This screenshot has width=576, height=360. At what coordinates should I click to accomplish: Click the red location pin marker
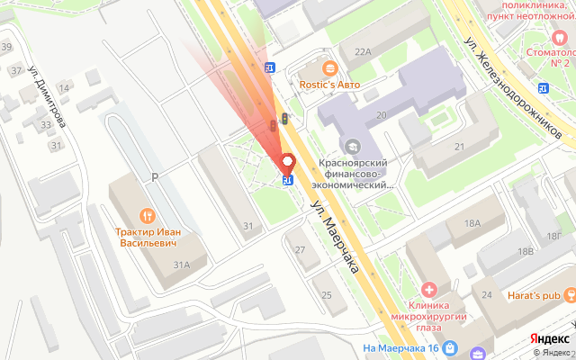point(288,164)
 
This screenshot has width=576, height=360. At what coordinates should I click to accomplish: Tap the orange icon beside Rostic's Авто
point(329,67)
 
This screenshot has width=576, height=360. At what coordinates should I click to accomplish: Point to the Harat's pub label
point(543,294)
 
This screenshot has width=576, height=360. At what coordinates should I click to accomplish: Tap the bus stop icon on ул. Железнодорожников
point(543,87)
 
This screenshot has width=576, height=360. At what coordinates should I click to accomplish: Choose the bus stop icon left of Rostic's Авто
point(269,67)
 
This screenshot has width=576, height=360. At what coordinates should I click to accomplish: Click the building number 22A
point(363,52)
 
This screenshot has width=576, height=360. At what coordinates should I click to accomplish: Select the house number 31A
point(181,264)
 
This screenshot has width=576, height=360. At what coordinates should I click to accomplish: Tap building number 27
point(301,250)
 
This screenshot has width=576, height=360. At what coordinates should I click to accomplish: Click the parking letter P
point(154,177)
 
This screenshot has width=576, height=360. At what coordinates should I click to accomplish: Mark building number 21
point(459,147)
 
